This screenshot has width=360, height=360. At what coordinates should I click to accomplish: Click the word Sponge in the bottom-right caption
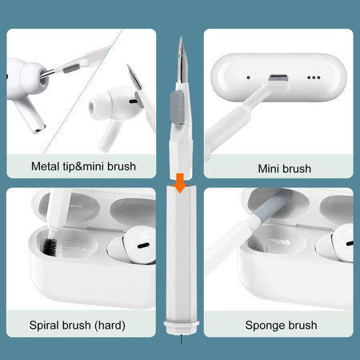point(264,325)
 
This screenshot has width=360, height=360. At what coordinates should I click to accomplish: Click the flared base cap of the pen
point(180,328)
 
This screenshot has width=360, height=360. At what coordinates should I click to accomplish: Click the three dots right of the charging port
point(313,78)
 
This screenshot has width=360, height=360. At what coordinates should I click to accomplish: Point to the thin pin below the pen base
point(180,342)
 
